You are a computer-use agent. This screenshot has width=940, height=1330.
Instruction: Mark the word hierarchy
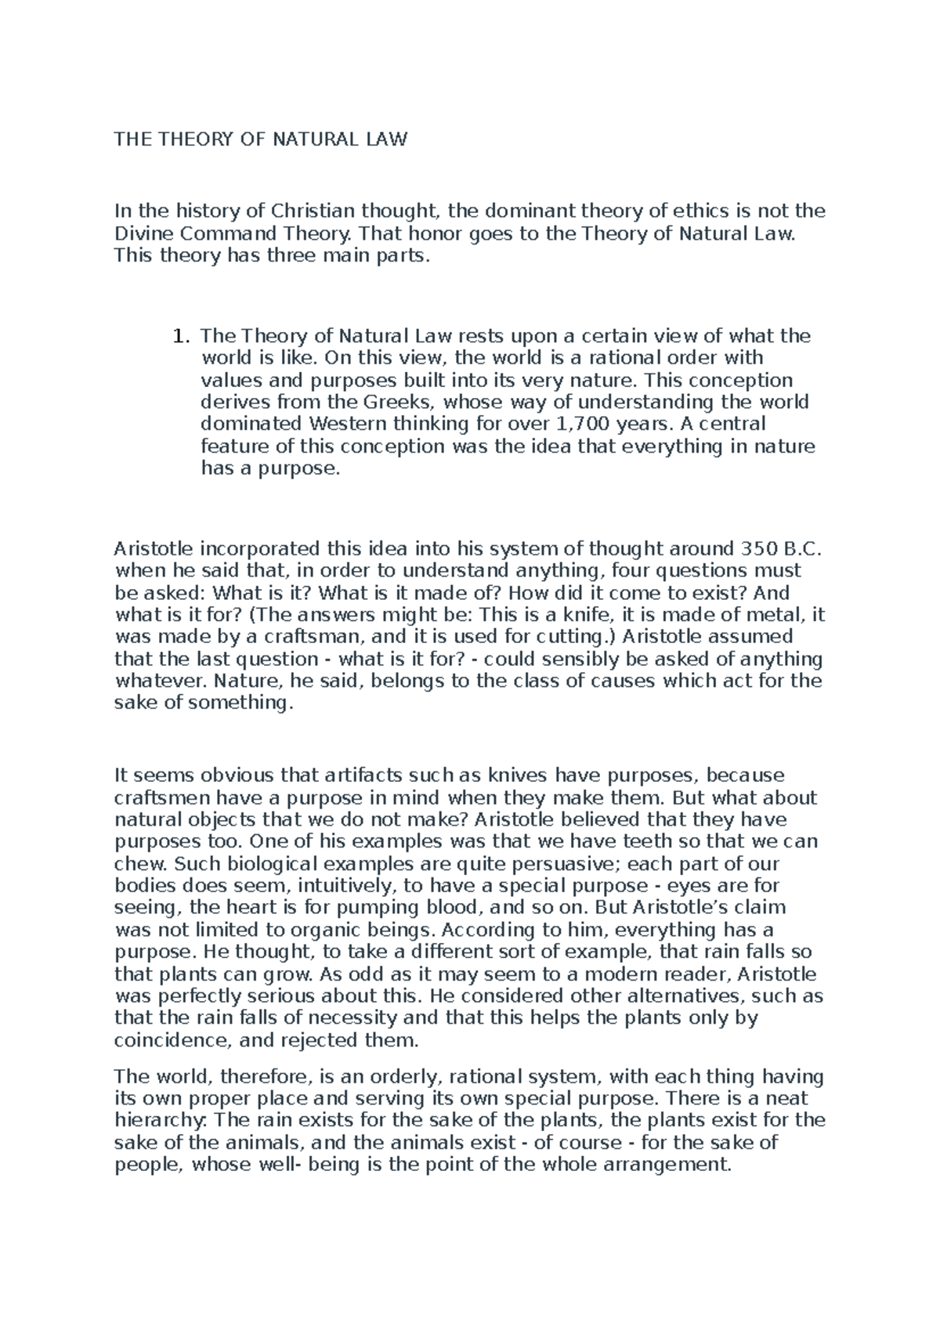coord(151,1121)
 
